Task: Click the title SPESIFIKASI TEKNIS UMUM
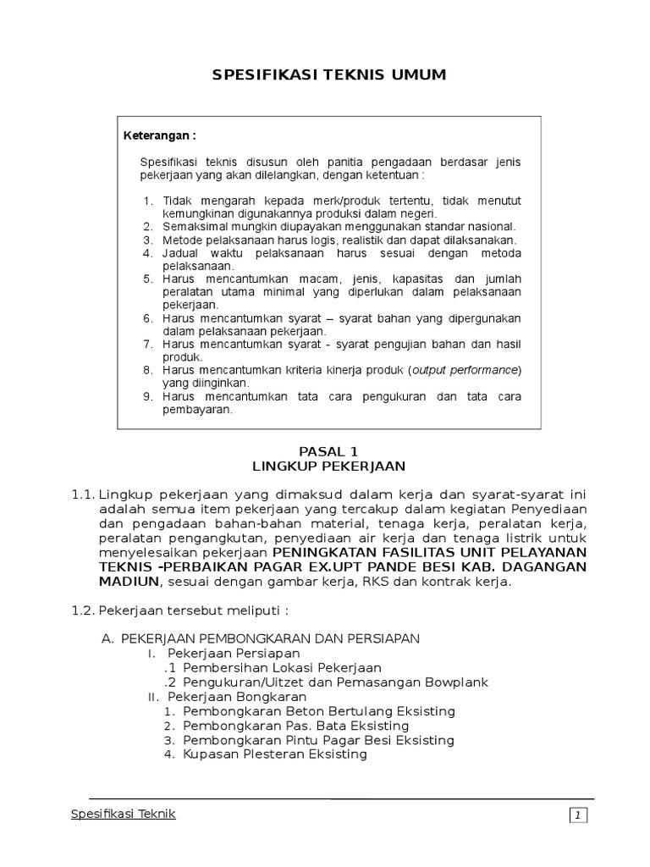(x=328, y=76)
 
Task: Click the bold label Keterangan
(x=160, y=135)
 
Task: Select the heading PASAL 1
(x=329, y=452)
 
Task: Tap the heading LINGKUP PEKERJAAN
(x=329, y=467)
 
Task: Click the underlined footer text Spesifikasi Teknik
(x=122, y=814)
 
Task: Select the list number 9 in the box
(x=146, y=397)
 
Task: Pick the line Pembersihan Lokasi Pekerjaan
(x=282, y=668)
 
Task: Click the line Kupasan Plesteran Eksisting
(x=275, y=754)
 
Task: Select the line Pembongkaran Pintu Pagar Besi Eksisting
(x=318, y=740)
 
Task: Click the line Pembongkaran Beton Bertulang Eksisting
(x=319, y=711)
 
